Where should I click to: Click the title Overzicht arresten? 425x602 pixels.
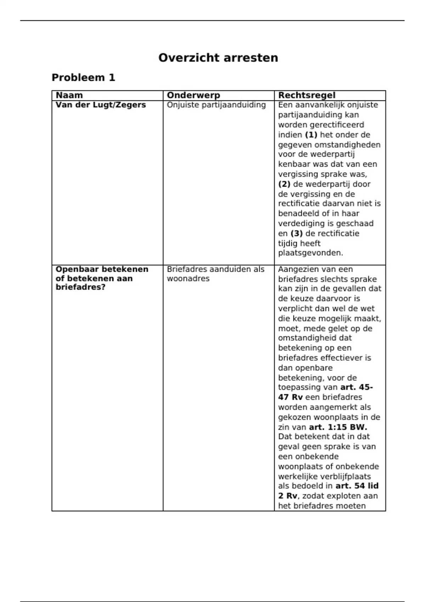click(218, 58)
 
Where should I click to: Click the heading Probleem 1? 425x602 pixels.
click(83, 78)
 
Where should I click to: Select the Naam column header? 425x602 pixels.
click(69, 95)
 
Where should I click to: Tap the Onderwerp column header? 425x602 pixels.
click(193, 95)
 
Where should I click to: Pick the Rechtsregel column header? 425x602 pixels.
click(306, 95)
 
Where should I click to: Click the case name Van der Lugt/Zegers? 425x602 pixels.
click(101, 105)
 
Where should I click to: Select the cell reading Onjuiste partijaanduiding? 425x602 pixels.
click(216, 105)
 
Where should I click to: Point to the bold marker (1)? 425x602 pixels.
click(311, 135)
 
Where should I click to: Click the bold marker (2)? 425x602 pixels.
click(284, 184)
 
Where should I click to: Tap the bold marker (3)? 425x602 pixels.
click(296, 233)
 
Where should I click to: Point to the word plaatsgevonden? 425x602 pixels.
click(310, 253)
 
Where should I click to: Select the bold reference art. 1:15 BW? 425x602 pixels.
click(338, 427)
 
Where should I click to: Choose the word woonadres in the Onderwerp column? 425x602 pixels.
click(188, 279)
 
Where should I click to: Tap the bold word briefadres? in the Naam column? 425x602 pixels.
click(80, 287)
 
